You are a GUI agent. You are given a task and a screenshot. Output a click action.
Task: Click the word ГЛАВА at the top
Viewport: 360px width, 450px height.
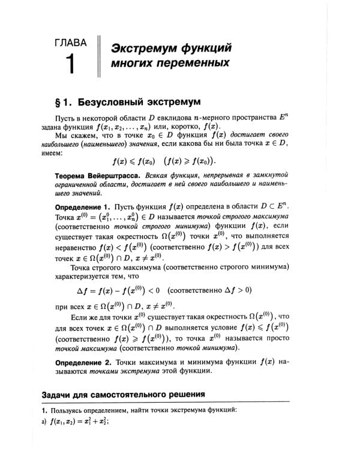(70, 43)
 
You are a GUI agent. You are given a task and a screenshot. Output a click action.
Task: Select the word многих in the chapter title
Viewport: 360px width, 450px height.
(132, 63)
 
